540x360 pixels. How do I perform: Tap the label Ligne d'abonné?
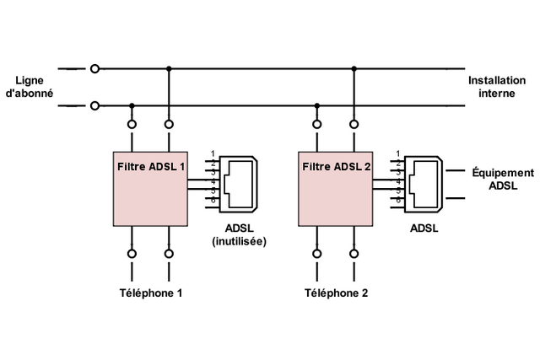tap(30, 87)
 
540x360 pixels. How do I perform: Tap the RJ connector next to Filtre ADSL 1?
tap(240, 182)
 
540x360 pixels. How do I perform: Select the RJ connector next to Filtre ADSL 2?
tap(425, 182)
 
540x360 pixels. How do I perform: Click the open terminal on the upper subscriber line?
tap(94, 68)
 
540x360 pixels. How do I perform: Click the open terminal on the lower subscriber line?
tap(94, 105)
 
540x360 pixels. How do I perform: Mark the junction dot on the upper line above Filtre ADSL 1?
tap(169, 68)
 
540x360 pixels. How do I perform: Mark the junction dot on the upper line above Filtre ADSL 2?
tap(354, 68)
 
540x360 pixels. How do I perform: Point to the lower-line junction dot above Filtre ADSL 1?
tap(132, 105)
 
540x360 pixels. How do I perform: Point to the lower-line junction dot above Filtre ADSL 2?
tap(317, 105)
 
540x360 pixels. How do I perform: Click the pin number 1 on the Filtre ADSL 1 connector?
tap(213, 153)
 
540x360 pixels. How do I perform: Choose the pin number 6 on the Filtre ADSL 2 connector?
tap(397, 200)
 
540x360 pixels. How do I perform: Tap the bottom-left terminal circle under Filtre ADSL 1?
tap(132, 253)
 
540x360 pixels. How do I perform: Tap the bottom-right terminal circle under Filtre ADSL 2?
tap(354, 253)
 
